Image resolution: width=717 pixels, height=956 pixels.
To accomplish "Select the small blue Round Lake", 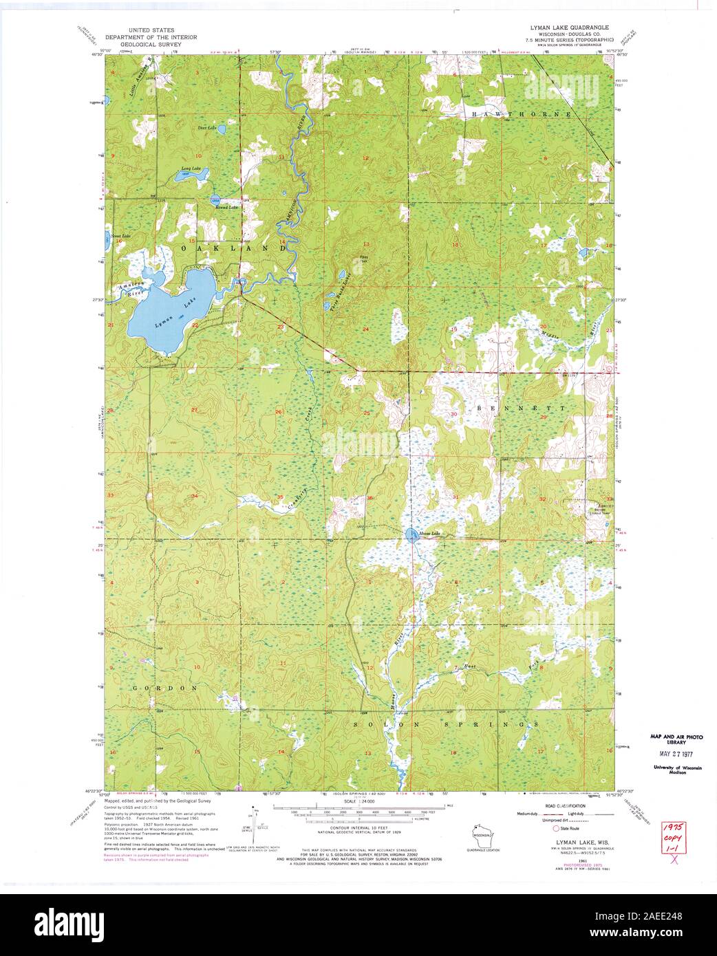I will click(x=216, y=199).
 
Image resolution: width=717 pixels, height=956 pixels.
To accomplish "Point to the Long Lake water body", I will click(x=182, y=175).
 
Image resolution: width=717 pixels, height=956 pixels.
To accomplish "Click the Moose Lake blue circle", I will click(x=411, y=535).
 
